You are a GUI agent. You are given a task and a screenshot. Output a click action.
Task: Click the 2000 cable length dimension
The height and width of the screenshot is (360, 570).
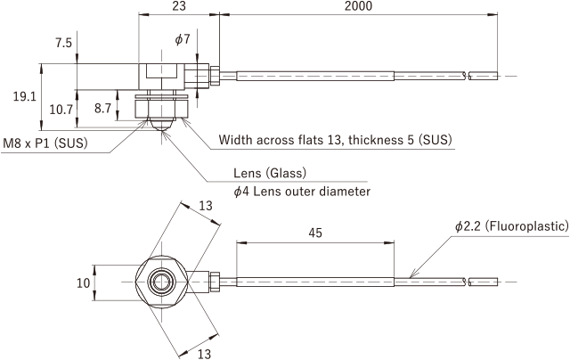click(x=358, y=6)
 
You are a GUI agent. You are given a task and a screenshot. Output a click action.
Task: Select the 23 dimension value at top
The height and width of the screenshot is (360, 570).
click(x=179, y=6)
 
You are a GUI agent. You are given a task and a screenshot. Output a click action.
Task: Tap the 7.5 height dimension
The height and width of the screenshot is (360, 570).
click(x=63, y=43)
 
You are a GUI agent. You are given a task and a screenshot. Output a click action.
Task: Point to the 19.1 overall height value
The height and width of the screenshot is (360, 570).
click(x=25, y=97)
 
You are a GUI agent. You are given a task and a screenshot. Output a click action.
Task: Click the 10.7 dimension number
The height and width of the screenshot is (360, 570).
click(x=61, y=110)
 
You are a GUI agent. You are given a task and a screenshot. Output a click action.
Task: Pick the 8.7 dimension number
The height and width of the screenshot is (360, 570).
click(x=102, y=108)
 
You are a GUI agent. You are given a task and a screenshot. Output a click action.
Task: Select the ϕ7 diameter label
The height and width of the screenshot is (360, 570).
click(x=183, y=39)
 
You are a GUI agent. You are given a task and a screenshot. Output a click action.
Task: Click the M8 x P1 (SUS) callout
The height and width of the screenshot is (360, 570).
click(x=45, y=143)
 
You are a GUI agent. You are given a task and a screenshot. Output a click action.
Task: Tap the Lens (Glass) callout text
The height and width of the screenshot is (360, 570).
click(x=270, y=173)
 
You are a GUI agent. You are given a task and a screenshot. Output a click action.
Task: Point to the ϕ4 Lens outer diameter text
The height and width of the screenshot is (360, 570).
click(x=302, y=192)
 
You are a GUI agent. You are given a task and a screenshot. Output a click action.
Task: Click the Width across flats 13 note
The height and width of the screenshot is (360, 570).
click(x=335, y=140)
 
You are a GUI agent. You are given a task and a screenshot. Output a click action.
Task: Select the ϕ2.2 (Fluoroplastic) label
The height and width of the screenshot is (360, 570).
click(x=512, y=226)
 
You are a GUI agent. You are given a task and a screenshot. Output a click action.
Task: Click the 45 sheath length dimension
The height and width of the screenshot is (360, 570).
click(x=315, y=233)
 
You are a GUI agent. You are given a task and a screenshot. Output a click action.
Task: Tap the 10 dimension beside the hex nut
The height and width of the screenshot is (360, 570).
click(x=83, y=282)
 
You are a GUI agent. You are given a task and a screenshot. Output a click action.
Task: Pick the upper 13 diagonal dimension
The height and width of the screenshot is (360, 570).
click(x=206, y=206)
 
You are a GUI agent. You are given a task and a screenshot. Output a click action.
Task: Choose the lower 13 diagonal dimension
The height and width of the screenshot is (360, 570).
click(x=204, y=353)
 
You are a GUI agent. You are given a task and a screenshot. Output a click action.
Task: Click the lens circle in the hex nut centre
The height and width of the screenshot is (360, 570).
click(x=161, y=282)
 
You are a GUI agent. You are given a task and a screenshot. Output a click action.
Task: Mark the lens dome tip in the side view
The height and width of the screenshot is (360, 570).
click(x=161, y=130)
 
